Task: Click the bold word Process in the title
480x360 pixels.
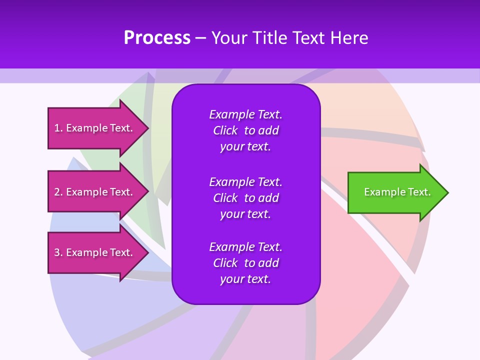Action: [157, 38]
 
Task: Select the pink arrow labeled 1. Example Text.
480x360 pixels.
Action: [95, 128]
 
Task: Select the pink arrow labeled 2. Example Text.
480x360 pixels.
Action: [95, 192]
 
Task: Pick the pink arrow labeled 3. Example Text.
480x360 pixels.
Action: [95, 252]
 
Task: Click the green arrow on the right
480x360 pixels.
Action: [395, 192]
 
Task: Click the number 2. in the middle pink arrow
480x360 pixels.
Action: [58, 192]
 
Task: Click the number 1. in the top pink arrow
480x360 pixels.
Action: [58, 128]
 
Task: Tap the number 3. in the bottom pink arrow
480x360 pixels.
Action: [58, 252]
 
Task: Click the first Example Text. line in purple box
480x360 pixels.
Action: [245, 114]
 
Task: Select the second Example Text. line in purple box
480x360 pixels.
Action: [245, 181]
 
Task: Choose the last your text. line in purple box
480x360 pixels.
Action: [245, 279]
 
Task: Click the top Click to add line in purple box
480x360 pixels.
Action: [245, 130]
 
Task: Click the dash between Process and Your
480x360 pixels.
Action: [200, 38]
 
